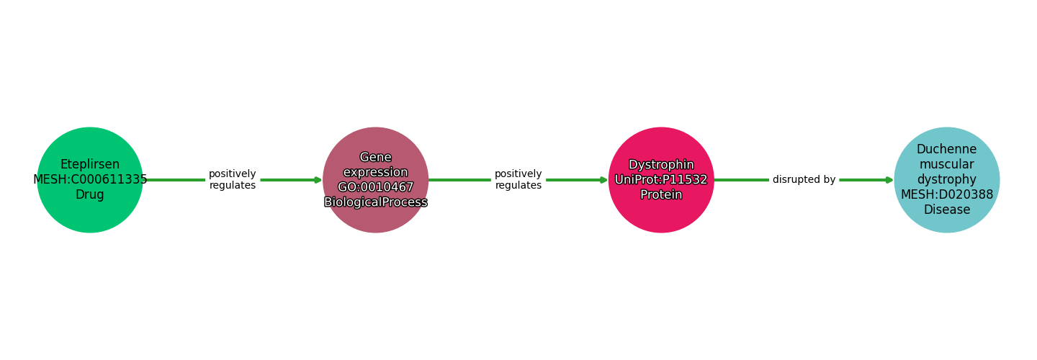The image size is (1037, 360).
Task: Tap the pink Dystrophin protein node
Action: (661, 216)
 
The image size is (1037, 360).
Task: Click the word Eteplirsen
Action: (90, 164)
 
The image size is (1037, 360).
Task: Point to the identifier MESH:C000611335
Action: (90, 179)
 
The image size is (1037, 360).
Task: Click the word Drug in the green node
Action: (90, 194)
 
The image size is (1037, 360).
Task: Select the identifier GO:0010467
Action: (375, 187)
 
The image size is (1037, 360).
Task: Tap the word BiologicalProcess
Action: (375, 202)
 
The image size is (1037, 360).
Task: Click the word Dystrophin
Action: (661, 165)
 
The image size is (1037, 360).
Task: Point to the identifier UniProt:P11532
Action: (661, 179)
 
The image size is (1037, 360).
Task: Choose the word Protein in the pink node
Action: (661, 194)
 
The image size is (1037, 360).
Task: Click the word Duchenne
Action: (946, 149)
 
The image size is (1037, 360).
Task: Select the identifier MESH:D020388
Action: (946, 194)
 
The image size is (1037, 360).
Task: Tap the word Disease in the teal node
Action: (946, 210)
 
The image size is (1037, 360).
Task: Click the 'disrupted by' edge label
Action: (804, 180)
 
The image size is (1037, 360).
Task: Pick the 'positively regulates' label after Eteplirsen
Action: (232, 180)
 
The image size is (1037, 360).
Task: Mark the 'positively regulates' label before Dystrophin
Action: (518, 180)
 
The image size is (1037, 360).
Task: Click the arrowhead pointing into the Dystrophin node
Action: (603, 180)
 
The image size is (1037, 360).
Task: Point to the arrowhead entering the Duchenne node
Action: (889, 180)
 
